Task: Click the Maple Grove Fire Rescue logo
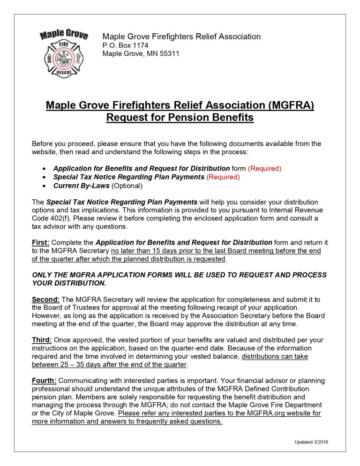[63, 53]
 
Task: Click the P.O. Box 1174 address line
[125, 45]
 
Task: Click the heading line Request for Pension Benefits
[180, 117]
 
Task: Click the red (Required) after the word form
[264, 168]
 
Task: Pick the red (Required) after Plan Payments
[223, 177]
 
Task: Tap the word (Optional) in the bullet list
[127, 186]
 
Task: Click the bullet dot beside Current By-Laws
[44, 186]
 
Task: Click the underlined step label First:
[40, 242]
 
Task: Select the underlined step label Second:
[46, 299]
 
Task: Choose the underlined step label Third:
[42, 340]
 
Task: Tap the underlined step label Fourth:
[44, 381]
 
